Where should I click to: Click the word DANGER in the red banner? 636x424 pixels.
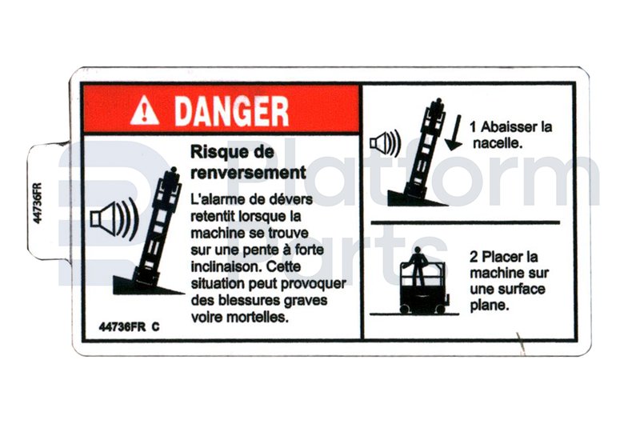(x=232, y=111)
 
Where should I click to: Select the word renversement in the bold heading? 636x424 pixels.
(x=248, y=173)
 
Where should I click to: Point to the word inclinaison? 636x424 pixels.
(x=226, y=266)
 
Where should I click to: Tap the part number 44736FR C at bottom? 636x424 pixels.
(x=129, y=327)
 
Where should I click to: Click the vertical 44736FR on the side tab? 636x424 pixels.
(x=38, y=203)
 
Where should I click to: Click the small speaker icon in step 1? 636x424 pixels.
(x=386, y=144)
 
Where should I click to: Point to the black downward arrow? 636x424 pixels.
(x=454, y=133)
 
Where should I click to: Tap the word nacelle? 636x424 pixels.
(x=497, y=143)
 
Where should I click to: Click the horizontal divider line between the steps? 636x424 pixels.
(x=466, y=222)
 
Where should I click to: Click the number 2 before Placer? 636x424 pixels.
(x=474, y=257)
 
